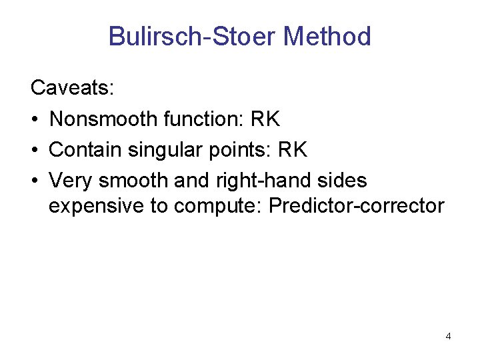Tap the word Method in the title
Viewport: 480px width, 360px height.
click(x=327, y=36)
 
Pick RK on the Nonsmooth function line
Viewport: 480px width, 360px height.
click(x=265, y=119)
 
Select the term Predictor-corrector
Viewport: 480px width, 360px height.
click(x=356, y=206)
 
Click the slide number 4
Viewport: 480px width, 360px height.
click(x=448, y=336)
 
